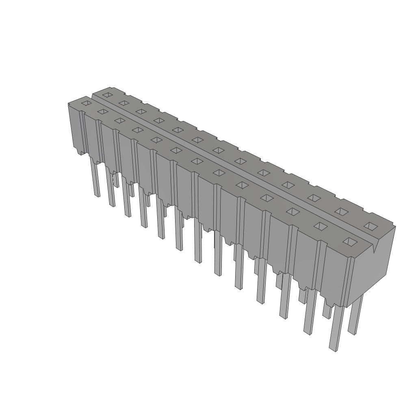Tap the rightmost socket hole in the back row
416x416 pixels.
[369, 225]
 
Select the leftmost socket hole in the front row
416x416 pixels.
[86, 103]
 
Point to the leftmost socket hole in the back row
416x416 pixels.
[107, 95]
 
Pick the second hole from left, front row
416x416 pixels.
[103, 111]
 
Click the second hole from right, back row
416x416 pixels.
[340, 211]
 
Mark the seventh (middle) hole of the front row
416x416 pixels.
[197, 161]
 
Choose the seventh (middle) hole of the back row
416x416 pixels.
[218, 150]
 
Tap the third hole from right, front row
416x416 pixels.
[292, 211]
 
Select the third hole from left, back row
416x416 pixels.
[141, 111]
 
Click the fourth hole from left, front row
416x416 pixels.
[137, 130]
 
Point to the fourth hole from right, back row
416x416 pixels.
[288, 185]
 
